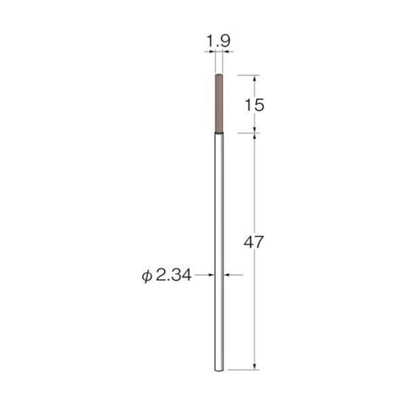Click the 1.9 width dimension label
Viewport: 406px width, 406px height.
(219, 41)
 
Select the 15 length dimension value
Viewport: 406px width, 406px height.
(255, 105)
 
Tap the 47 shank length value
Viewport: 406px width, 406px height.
(253, 242)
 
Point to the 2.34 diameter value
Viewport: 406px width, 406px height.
(173, 275)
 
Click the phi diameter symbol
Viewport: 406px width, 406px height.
(146, 276)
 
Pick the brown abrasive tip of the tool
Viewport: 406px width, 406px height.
(219, 103)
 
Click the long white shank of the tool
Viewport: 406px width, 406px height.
(219, 252)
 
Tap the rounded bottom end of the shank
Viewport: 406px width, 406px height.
(219, 370)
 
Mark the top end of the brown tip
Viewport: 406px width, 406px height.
(219, 74)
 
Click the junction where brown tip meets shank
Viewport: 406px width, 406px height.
(219, 133)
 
